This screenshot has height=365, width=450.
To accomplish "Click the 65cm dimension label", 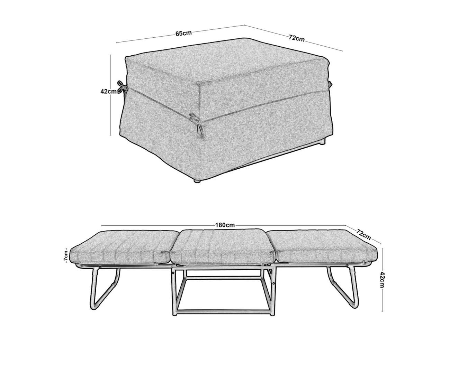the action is (x=183, y=33).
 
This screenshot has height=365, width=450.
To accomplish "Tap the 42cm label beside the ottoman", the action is (x=108, y=91).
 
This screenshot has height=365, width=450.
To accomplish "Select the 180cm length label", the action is (x=225, y=225).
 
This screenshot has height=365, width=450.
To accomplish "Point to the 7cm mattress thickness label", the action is (x=66, y=255).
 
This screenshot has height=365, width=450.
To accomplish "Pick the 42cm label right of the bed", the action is (x=382, y=280).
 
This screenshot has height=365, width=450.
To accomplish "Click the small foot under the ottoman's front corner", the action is (x=198, y=181).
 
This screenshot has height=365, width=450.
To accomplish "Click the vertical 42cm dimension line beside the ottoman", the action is (x=110, y=95).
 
